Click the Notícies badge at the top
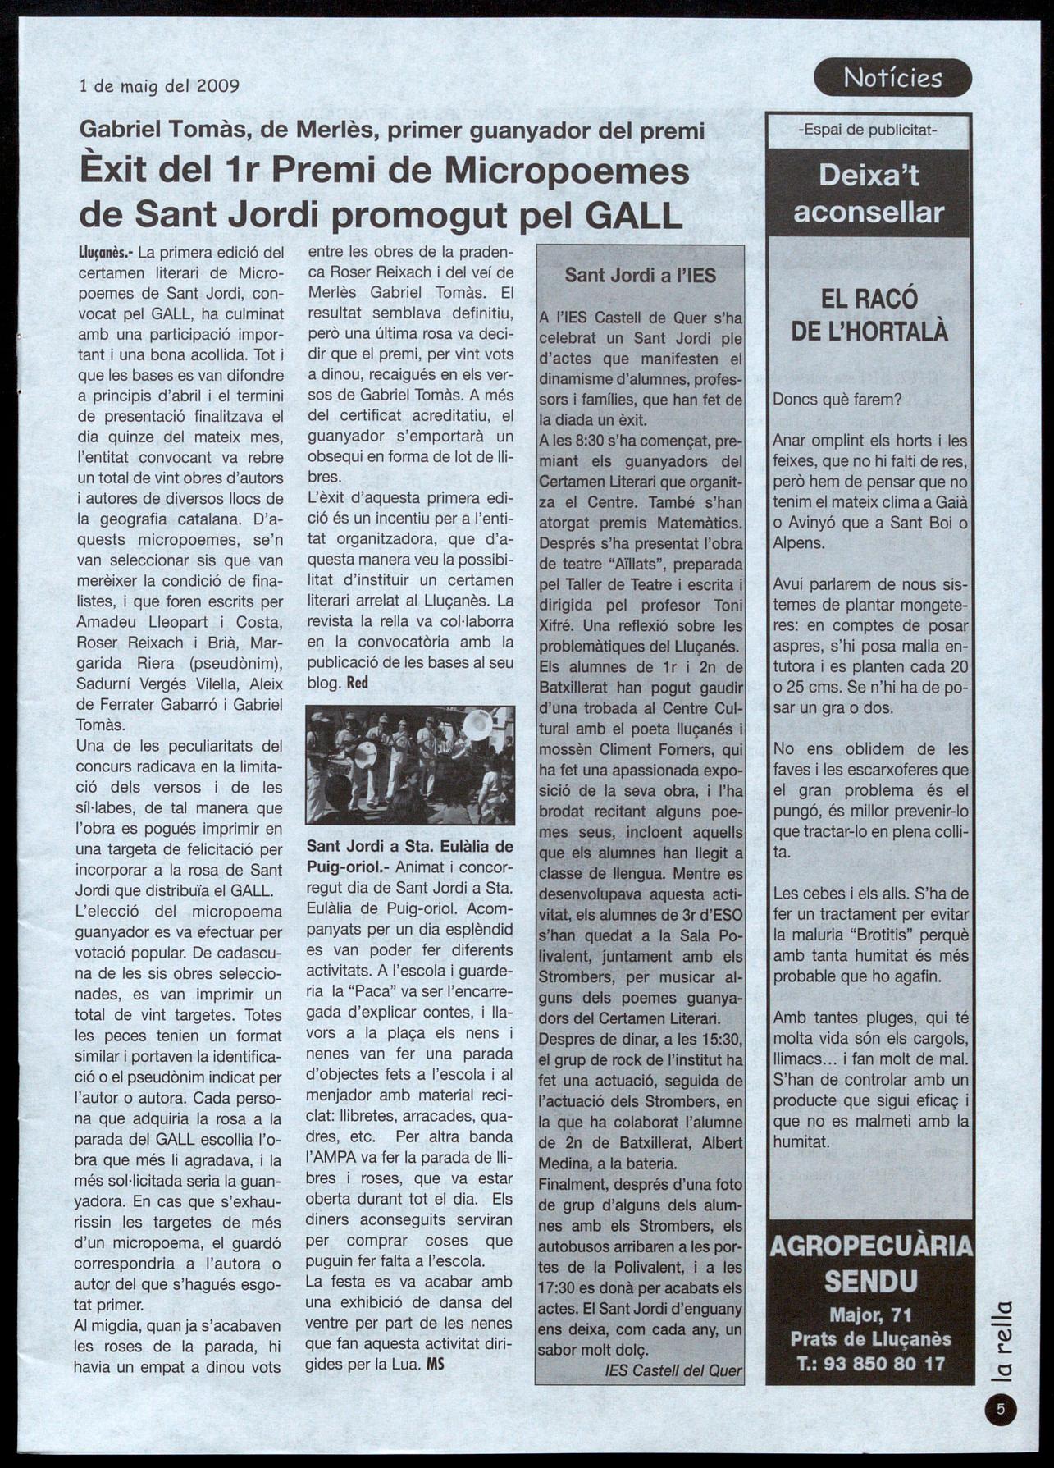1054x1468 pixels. point(892,79)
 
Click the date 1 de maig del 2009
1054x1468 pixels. point(159,85)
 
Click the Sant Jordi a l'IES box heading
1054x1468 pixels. point(640,276)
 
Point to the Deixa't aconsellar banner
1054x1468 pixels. point(869,194)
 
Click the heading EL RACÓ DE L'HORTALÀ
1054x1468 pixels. point(869,314)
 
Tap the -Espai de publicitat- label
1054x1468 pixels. point(869,130)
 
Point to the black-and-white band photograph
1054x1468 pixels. point(410,765)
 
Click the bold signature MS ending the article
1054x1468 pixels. point(434,1365)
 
